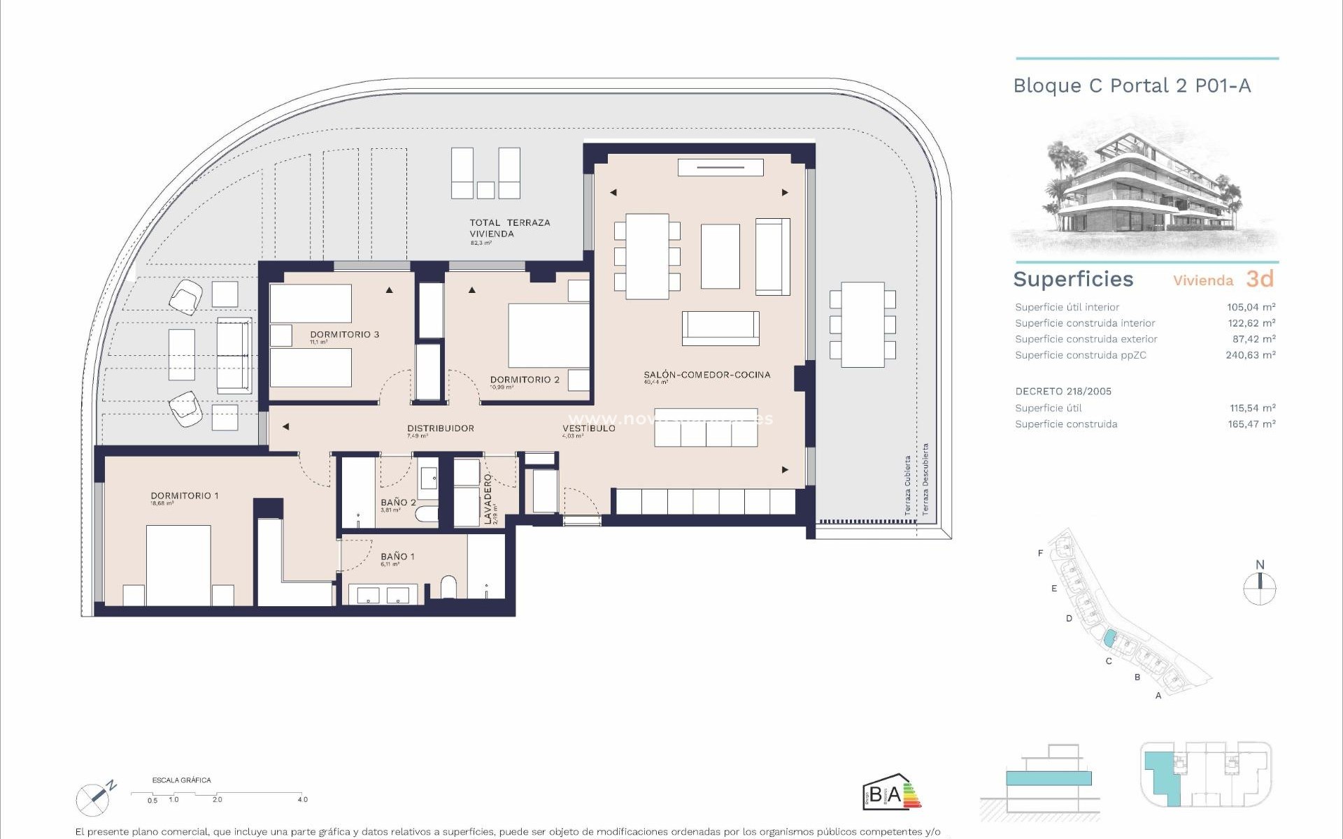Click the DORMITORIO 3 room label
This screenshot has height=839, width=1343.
pos(344,334)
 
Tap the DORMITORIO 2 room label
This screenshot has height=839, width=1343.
pos(525,380)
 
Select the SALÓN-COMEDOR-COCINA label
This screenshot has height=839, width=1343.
pos(706,375)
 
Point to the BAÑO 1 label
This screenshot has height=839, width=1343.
pos(397,557)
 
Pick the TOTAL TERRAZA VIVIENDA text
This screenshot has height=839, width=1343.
pos(509,228)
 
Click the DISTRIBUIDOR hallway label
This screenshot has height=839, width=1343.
pos(441,428)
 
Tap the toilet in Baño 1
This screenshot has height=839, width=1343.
pos(448,587)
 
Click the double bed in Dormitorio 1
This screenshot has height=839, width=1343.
pos(178,564)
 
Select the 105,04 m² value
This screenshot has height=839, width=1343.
pos(1251,307)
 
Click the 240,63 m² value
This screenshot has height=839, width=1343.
pos(1251,355)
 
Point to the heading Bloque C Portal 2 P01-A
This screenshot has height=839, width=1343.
pos(1132,86)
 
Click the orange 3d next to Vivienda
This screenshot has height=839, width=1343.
pos(1260,279)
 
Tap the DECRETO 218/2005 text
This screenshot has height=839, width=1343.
pos(1063,392)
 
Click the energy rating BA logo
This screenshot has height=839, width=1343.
pos(891,793)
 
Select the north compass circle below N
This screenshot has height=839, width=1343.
pos(1260,589)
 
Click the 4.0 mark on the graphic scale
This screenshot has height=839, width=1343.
pos(302,799)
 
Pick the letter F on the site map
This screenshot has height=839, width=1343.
pos(1040,553)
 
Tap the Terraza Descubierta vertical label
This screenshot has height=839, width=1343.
pos(925,480)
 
